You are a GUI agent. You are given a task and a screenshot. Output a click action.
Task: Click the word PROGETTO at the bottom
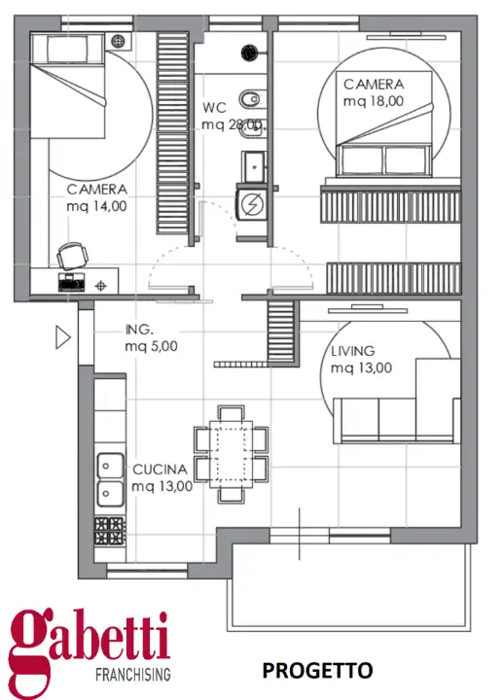click(317, 670)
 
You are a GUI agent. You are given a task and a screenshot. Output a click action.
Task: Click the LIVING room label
click(352, 351)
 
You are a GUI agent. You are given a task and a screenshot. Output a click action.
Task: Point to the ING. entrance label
click(140, 329)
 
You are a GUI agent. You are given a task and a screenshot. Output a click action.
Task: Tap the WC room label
click(215, 108)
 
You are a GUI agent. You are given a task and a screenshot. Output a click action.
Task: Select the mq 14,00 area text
click(96, 206)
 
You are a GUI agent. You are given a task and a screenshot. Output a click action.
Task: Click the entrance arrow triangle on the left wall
click(63, 337)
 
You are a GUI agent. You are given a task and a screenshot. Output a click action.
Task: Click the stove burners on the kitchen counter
click(108, 530)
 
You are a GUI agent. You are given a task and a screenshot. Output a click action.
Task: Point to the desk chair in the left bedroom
click(72, 256)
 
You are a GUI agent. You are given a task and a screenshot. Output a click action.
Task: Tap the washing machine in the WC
click(251, 204)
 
